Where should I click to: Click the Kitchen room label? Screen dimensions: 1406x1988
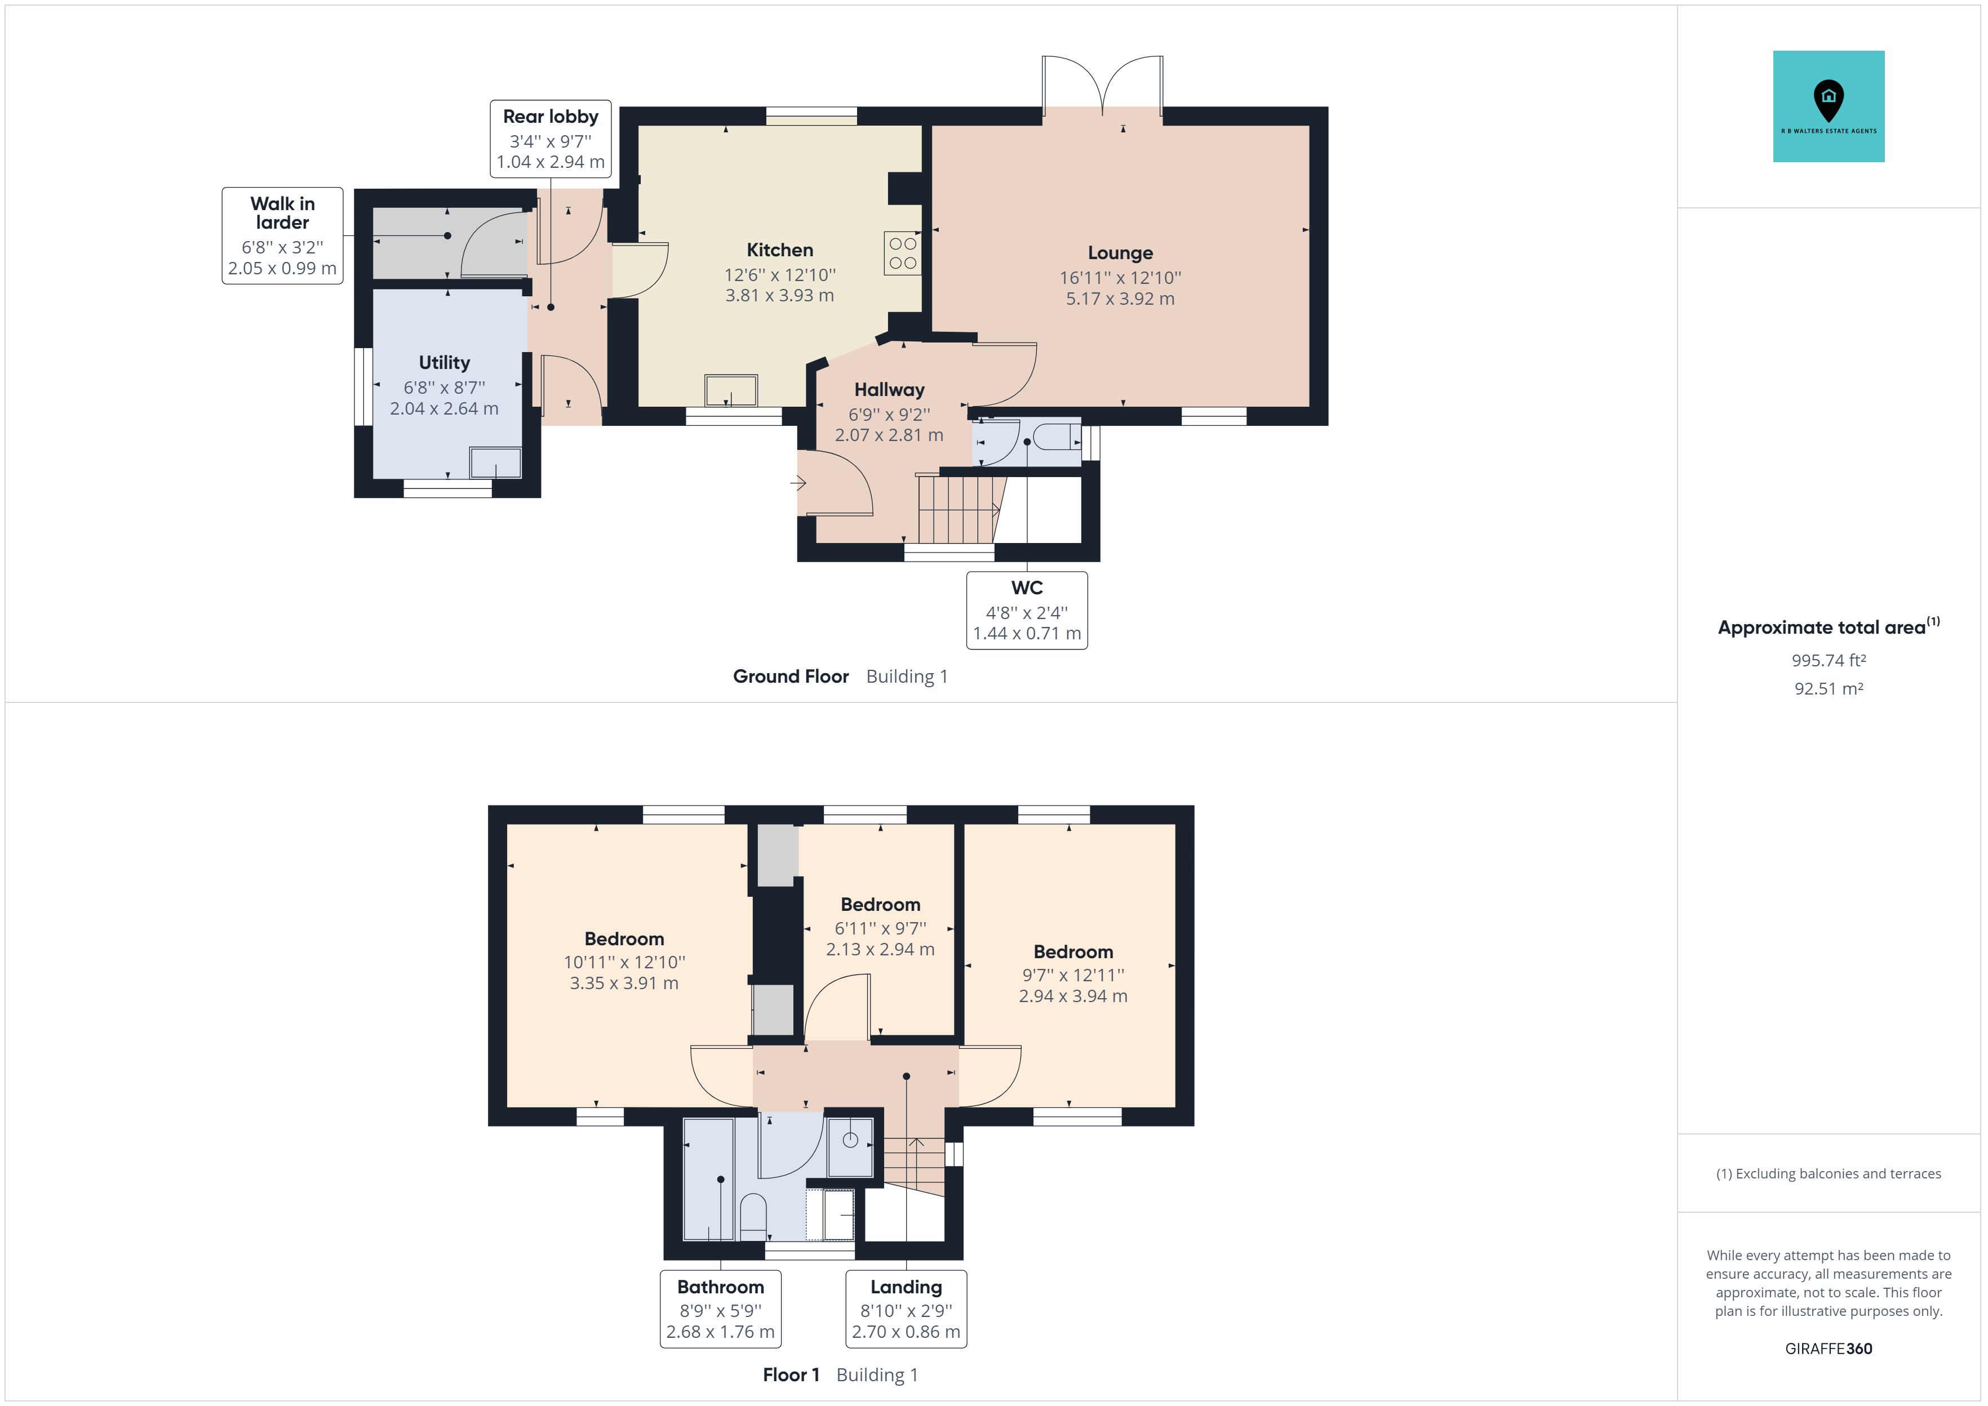779,250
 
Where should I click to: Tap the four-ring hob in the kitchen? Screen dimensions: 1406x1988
902,253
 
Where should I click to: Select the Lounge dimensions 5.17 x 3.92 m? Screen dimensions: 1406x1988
1120,299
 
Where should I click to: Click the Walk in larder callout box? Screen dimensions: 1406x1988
282,235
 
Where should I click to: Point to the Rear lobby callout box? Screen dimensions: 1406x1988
551,139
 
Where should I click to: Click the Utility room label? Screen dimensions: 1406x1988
444,363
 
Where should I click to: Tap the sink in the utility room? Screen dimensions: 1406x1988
495,462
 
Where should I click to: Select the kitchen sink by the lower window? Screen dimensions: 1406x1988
731,390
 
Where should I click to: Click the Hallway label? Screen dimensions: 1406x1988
889,390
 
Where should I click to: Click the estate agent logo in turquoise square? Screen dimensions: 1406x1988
1828,106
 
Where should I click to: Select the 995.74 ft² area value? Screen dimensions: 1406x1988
1828,661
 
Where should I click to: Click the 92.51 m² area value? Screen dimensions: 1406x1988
1828,689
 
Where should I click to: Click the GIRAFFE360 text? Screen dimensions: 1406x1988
1828,1349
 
